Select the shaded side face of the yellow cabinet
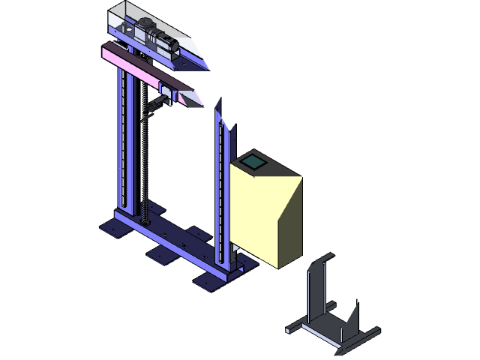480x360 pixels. [x=289, y=225]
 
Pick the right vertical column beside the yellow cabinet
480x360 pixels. [x=222, y=195]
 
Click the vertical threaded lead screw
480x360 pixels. [x=143, y=165]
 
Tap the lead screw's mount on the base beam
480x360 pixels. [x=147, y=222]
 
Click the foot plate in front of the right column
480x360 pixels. [x=209, y=280]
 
